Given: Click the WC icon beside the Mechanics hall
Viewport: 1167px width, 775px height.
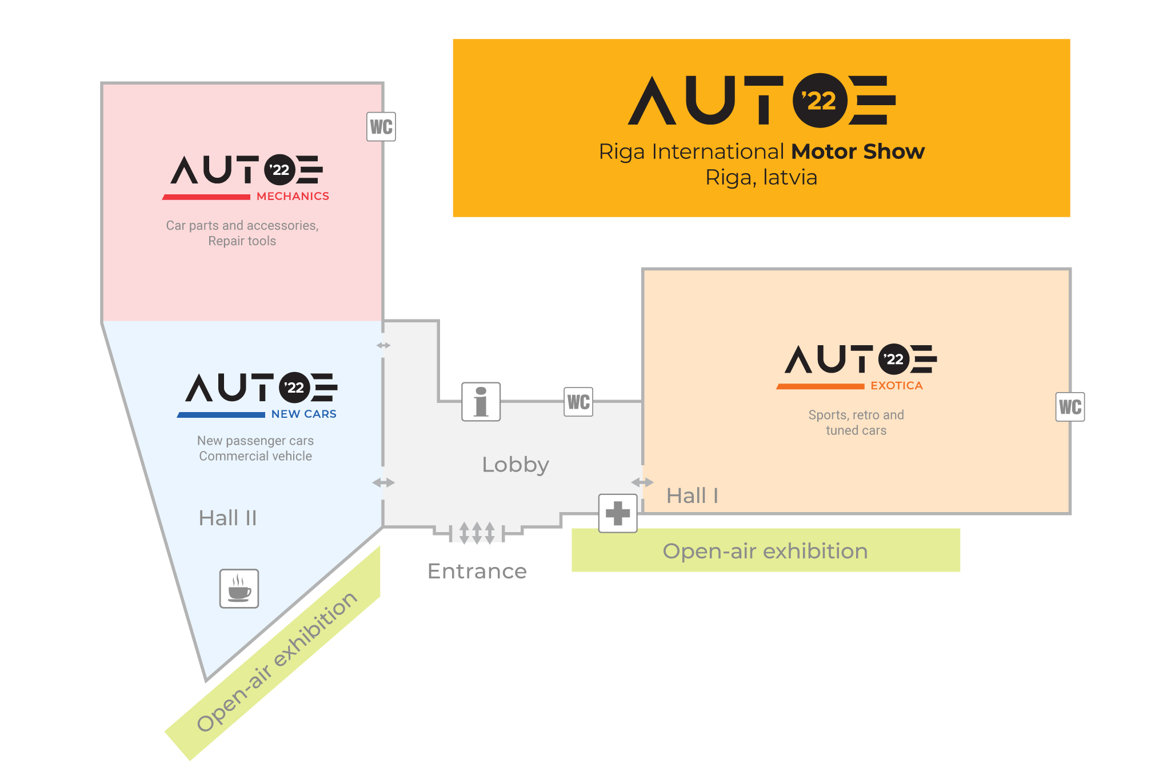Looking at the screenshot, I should coord(381,127).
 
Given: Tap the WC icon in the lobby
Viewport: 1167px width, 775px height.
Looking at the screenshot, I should coord(578,402).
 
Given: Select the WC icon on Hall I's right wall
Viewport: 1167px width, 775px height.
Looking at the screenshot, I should coord(1070,407).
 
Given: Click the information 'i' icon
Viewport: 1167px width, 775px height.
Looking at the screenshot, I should coord(481,402).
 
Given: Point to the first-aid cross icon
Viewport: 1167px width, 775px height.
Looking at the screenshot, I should coord(618,513).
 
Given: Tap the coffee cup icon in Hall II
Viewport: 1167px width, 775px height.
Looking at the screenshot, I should coord(239,588).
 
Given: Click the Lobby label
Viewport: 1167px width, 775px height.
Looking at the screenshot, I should coord(515,465).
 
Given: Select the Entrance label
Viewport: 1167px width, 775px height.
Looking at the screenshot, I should coord(477,571).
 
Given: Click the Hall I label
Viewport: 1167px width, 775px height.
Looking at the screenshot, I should coord(692,496).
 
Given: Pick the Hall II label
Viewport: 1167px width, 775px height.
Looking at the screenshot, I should coord(227,518).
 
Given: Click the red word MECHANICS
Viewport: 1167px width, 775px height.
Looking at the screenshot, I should coord(293,196).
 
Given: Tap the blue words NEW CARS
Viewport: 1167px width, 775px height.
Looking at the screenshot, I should coord(303,414).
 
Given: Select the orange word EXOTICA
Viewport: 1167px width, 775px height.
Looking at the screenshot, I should coord(896,386).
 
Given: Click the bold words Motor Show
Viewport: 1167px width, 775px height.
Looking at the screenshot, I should coord(858,151).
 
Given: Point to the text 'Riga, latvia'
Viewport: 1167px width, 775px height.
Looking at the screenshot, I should coord(761,177).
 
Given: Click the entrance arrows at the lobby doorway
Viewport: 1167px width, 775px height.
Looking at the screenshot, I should coord(477,533).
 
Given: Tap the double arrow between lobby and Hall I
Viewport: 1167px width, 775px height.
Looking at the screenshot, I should coord(642,482).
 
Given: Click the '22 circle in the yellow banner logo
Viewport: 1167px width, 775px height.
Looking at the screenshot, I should coord(820,101).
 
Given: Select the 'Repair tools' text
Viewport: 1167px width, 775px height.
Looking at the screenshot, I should coord(242,241).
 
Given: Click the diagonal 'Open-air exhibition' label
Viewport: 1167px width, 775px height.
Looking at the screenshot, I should coord(277,661).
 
